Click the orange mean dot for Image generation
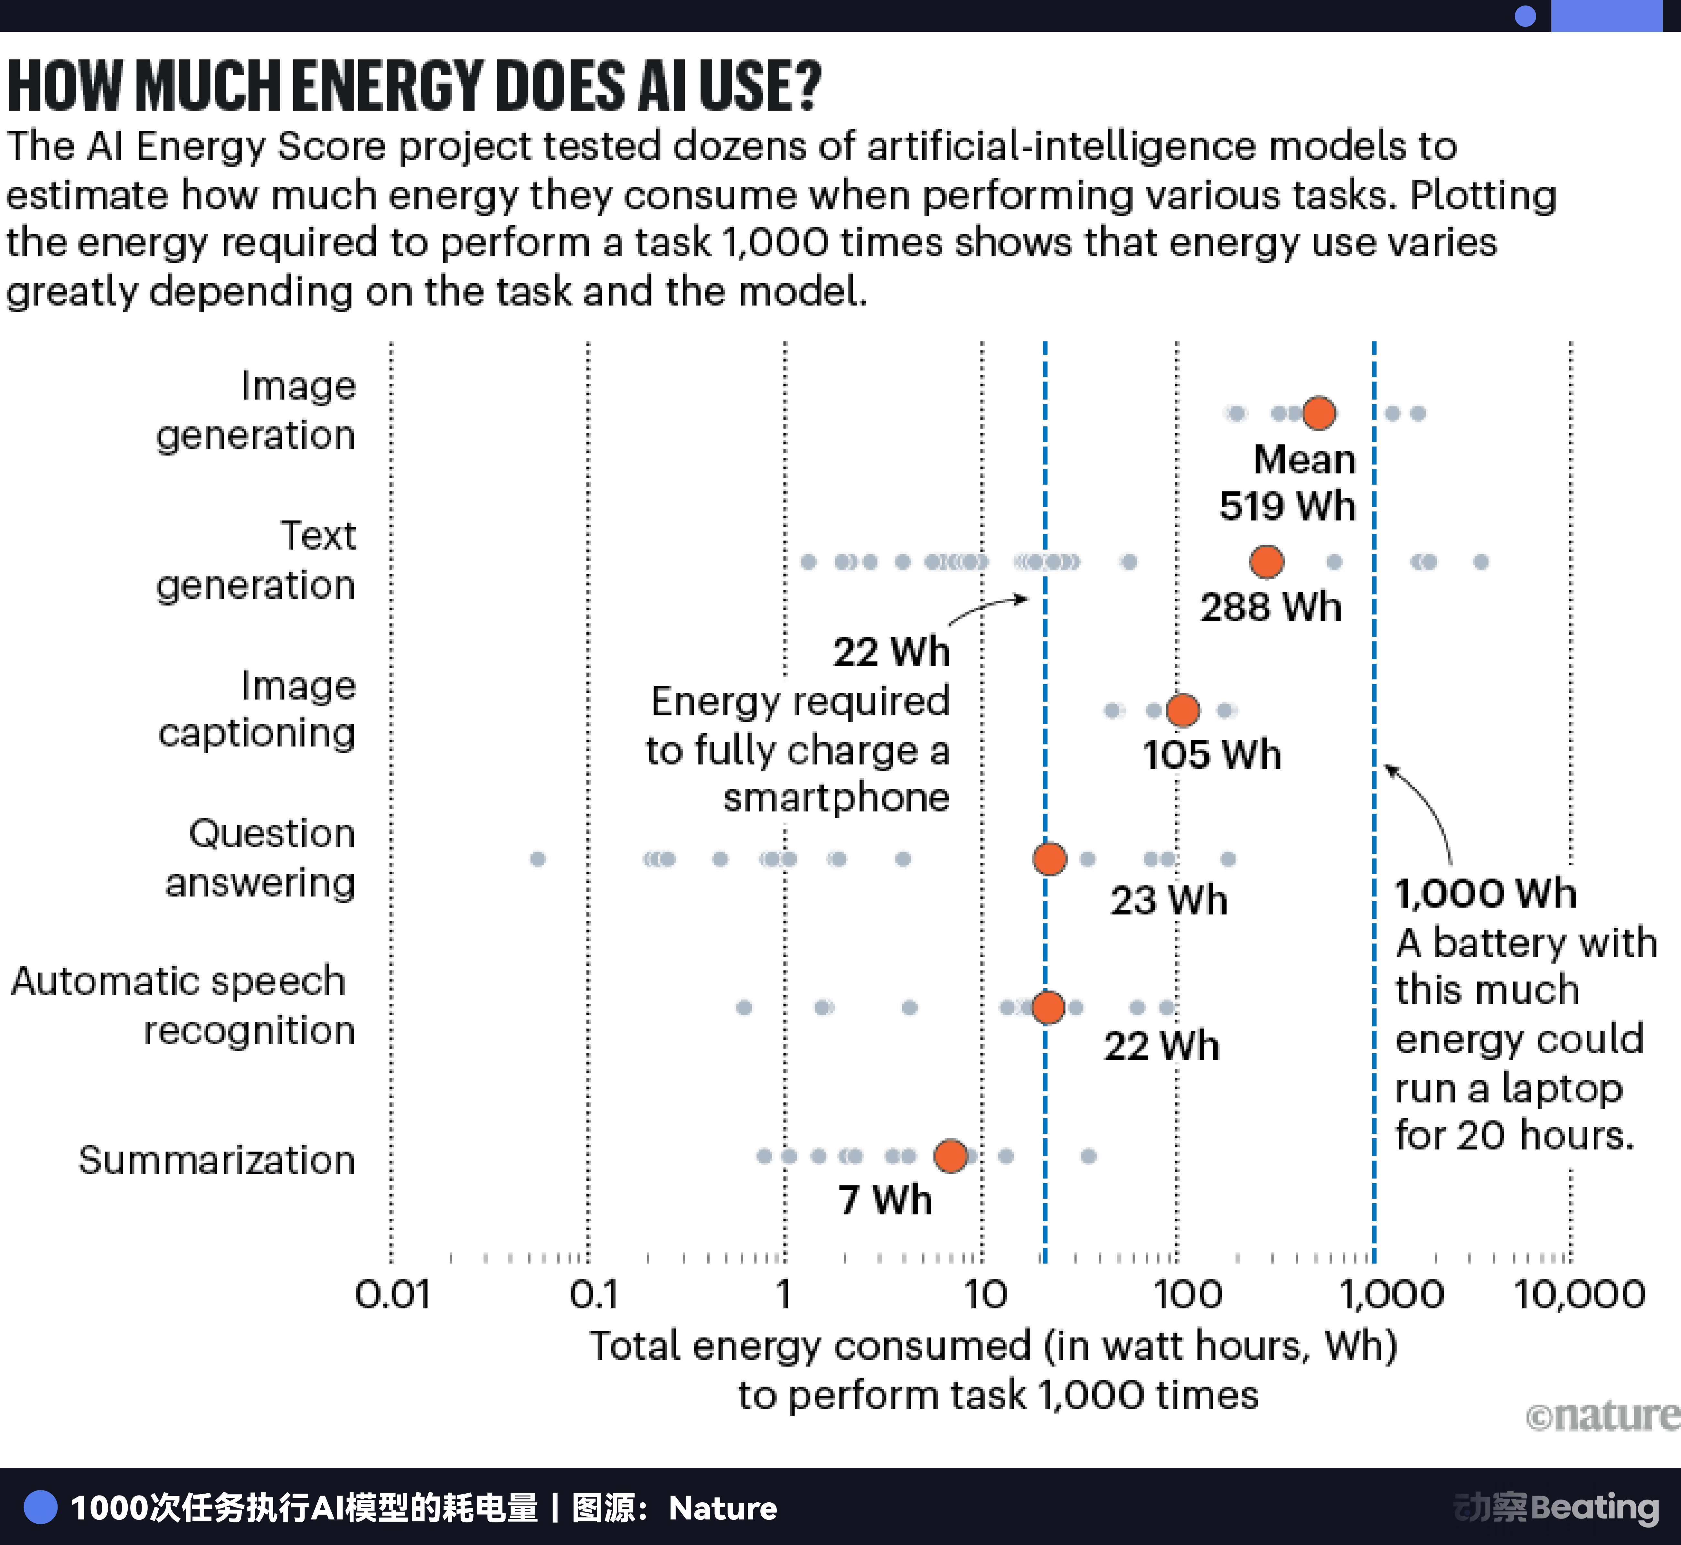tap(1318, 413)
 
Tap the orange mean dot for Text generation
tap(1266, 562)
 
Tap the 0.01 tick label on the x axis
tap(392, 1295)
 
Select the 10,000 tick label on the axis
tap(1579, 1295)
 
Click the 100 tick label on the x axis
tap(1187, 1295)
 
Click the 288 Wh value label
tap(1270, 607)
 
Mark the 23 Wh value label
tap(1169, 900)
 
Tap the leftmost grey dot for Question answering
tap(538, 859)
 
